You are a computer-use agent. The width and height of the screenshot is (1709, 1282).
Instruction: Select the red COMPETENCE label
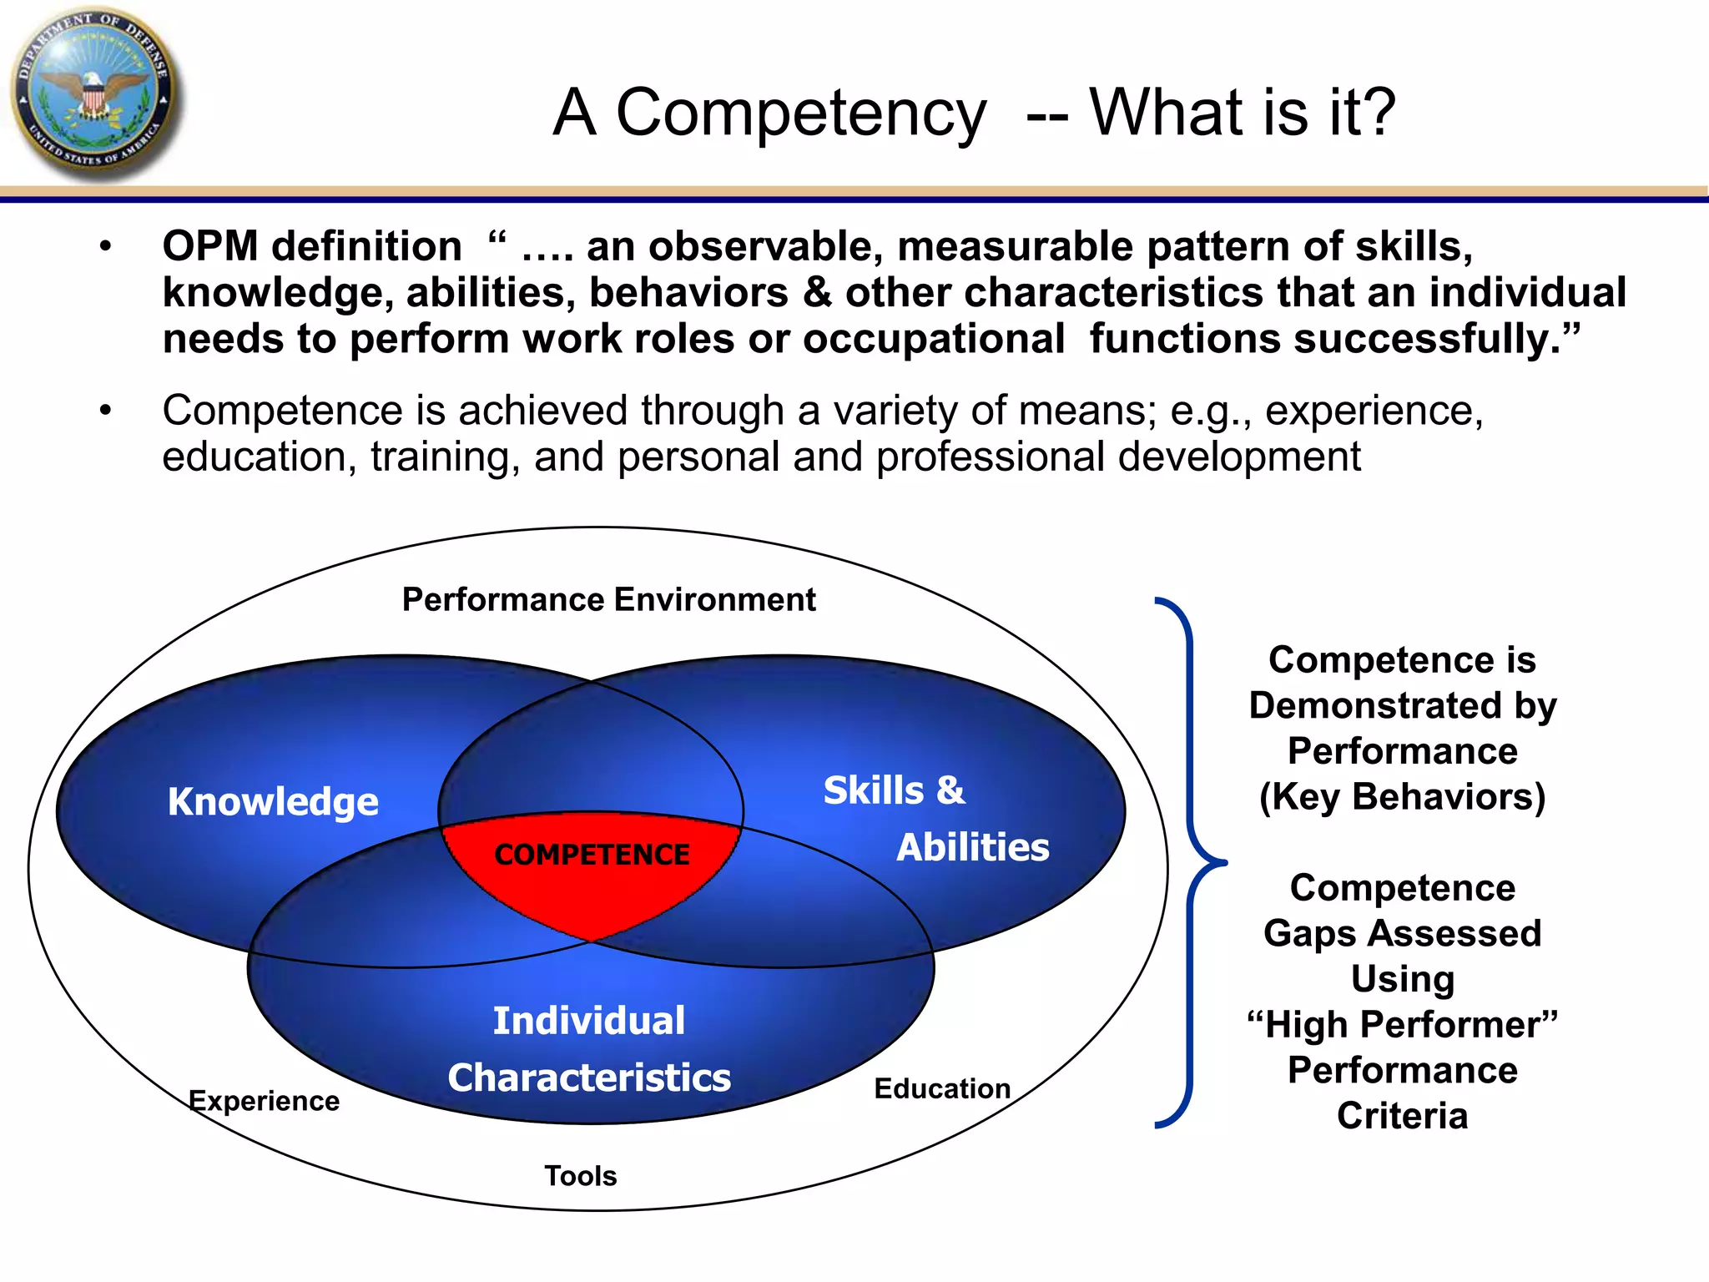coord(592,855)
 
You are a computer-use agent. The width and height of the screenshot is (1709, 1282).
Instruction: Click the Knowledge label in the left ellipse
coord(273,801)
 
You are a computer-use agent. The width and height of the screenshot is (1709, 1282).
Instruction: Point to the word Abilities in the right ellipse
coord(972,847)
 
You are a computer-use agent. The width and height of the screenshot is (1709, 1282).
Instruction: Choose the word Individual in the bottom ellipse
coord(589,1021)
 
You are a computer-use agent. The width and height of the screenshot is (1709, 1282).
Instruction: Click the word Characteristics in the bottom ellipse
coord(589,1078)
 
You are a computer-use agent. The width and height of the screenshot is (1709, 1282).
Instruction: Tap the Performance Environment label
coord(608,599)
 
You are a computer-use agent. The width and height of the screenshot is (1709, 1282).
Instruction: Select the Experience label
coord(264,1101)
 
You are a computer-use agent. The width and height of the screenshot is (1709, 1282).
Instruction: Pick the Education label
coord(942,1088)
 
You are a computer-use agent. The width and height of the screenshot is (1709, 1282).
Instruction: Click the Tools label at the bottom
coord(580,1176)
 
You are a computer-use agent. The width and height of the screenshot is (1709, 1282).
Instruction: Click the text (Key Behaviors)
coord(1402,796)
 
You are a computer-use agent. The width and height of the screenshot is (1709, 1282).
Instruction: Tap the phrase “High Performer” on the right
coord(1402,1025)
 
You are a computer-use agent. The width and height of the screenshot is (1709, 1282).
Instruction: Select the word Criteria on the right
coord(1402,1116)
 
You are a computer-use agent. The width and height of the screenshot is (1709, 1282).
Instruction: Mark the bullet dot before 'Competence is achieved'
coord(105,410)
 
